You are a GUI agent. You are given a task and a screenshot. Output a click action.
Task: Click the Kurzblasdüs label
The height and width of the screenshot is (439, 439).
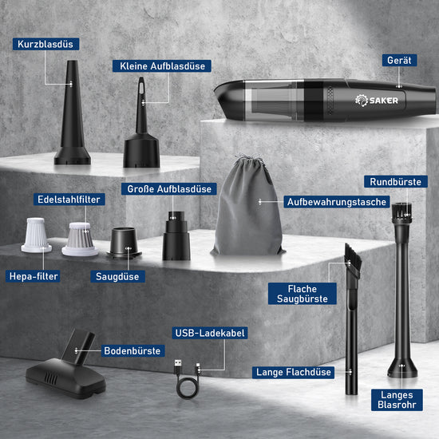point(45,44)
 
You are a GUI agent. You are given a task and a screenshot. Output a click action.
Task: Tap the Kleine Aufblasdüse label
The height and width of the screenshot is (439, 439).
point(162,66)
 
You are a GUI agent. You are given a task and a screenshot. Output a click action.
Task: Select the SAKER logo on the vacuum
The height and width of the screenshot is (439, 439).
point(377,101)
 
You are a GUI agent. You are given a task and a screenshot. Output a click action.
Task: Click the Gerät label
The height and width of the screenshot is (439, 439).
point(399,60)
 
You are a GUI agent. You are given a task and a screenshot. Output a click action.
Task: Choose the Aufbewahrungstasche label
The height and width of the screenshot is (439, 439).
point(337,202)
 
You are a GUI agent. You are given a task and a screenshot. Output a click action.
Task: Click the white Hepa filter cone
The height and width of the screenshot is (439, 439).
point(36,235)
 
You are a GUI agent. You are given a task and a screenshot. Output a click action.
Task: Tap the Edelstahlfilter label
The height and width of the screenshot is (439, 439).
point(69,200)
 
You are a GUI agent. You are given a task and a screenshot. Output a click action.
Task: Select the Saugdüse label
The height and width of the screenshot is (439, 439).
point(117,276)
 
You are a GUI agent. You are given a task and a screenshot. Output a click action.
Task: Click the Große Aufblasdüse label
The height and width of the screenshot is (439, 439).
point(169,189)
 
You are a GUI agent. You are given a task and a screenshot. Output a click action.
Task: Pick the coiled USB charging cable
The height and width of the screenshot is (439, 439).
point(187,379)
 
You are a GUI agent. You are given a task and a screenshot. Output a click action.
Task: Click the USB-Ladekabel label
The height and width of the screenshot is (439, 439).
point(210,333)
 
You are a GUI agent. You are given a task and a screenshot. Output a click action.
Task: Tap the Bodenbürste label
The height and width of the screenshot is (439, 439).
point(132,351)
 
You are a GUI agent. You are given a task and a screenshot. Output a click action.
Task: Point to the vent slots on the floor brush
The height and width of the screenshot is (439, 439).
point(51,378)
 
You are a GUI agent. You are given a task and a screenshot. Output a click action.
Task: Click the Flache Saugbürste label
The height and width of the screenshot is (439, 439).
point(303,294)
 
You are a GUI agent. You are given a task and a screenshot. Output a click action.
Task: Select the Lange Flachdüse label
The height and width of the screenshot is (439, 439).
point(293,373)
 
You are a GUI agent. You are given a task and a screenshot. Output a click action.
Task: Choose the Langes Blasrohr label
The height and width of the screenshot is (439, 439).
point(397,400)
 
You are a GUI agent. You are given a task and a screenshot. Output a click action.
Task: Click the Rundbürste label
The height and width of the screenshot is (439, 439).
point(396,182)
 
